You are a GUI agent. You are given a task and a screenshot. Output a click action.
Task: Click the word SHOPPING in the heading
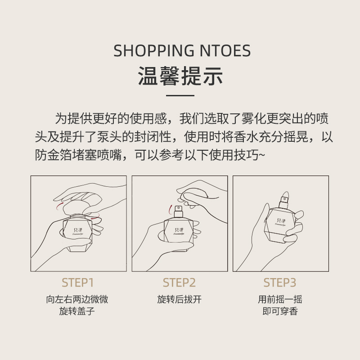point(154,51)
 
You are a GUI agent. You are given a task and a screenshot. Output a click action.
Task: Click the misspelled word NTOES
point(225,51)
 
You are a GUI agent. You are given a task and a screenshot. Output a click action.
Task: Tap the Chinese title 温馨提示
point(180,76)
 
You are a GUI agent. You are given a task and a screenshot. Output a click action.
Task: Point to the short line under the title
point(180,95)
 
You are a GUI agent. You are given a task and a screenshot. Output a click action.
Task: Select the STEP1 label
point(77,283)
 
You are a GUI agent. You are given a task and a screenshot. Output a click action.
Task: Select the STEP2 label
point(179,283)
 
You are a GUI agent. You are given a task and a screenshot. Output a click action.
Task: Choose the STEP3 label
point(280,283)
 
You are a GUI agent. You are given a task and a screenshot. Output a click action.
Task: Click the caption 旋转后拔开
point(179,299)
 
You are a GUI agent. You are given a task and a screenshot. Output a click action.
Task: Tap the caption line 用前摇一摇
point(280,299)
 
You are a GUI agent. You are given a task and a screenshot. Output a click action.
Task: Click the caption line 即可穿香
point(280,311)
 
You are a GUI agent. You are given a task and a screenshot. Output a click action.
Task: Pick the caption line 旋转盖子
point(77,311)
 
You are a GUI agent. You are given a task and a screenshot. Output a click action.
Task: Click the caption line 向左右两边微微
point(77,299)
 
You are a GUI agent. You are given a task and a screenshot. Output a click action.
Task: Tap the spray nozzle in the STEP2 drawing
point(178,211)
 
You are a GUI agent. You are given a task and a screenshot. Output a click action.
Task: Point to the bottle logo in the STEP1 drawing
point(77,231)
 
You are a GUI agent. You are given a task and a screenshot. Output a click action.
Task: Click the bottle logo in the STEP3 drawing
point(280,222)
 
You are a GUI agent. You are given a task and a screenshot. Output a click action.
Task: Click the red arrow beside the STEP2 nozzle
point(170,209)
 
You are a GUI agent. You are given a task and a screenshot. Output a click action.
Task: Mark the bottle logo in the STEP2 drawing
point(179,231)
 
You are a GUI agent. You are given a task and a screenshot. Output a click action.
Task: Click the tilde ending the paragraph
point(262,155)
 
